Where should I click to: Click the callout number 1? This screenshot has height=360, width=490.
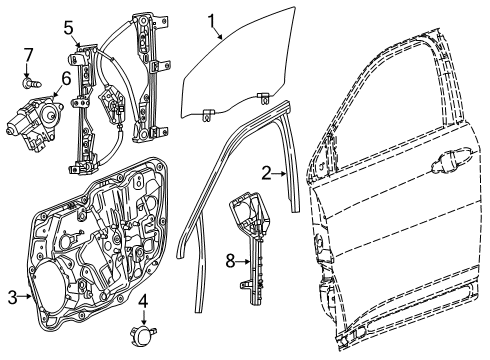click(x=212, y=19)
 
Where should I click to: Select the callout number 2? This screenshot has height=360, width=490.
click(x=266, y=172)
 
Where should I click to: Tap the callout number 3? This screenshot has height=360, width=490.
click(x=13, y=298)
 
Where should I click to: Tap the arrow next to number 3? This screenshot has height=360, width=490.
click(x=27, y=298)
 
